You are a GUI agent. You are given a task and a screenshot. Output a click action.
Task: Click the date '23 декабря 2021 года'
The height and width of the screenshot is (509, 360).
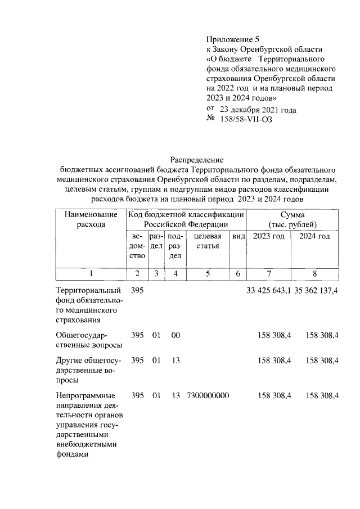point(258,110)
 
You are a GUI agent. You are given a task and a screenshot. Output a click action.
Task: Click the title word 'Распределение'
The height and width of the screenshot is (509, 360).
point(197,160)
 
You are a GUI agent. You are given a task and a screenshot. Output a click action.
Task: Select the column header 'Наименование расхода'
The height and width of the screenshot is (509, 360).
point(91,219)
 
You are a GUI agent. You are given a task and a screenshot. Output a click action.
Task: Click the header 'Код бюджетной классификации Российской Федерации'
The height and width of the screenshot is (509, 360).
point(186,219)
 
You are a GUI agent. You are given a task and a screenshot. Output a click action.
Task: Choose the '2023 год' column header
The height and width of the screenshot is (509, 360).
point(268,236)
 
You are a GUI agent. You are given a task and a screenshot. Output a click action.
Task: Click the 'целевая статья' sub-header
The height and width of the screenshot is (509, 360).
point(208,241)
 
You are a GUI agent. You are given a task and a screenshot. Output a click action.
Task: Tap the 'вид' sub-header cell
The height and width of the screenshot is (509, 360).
point(238,236)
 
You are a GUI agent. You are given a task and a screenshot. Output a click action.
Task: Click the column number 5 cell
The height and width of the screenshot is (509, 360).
point(208,273)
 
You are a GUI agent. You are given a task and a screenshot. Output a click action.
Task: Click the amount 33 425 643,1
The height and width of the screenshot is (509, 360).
point(268,291)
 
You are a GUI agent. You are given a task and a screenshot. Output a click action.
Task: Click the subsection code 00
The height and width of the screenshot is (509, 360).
point(175,335)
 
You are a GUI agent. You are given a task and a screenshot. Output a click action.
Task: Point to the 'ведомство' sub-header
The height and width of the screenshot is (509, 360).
point(137,246)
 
